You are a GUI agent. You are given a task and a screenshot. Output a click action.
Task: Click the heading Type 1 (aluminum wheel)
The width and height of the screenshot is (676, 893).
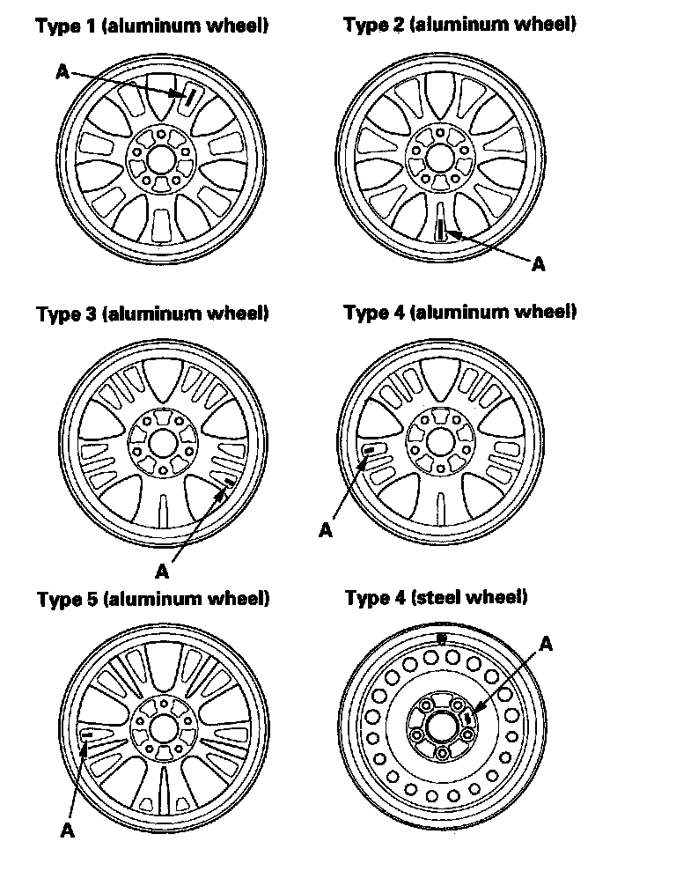(x=152, y=26)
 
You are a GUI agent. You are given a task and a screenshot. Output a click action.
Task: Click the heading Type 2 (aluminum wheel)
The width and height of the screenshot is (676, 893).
(x=459, y=25)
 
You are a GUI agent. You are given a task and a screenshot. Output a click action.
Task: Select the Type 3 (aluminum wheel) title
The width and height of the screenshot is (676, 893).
(x=152, y=314)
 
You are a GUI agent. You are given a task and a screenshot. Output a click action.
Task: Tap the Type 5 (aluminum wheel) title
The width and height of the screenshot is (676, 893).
(x=153, y=599)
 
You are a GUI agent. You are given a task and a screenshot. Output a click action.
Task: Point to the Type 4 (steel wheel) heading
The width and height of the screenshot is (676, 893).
(x=437, y=598)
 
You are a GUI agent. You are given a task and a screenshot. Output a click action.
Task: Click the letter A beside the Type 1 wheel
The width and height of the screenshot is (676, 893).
(x=62, y=72)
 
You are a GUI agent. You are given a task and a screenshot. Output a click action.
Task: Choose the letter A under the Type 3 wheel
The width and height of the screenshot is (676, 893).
(x=162, y=571)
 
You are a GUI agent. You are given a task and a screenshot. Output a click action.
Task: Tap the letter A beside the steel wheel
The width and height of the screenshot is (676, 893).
(x=546, y=644)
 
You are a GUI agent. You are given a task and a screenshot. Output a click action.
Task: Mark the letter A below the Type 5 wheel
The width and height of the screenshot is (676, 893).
(x=68, y=830)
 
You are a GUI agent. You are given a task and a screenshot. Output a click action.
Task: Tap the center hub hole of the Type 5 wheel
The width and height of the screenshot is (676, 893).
(x=164, y=727)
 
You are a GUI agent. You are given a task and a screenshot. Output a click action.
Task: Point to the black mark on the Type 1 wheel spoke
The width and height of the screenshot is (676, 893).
(x=188, y=97)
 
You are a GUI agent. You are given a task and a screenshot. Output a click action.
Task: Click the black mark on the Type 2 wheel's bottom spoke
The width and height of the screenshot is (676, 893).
(x=439, y=228)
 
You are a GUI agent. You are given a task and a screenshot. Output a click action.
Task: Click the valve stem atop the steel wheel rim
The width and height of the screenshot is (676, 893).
(x=442, y=637)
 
